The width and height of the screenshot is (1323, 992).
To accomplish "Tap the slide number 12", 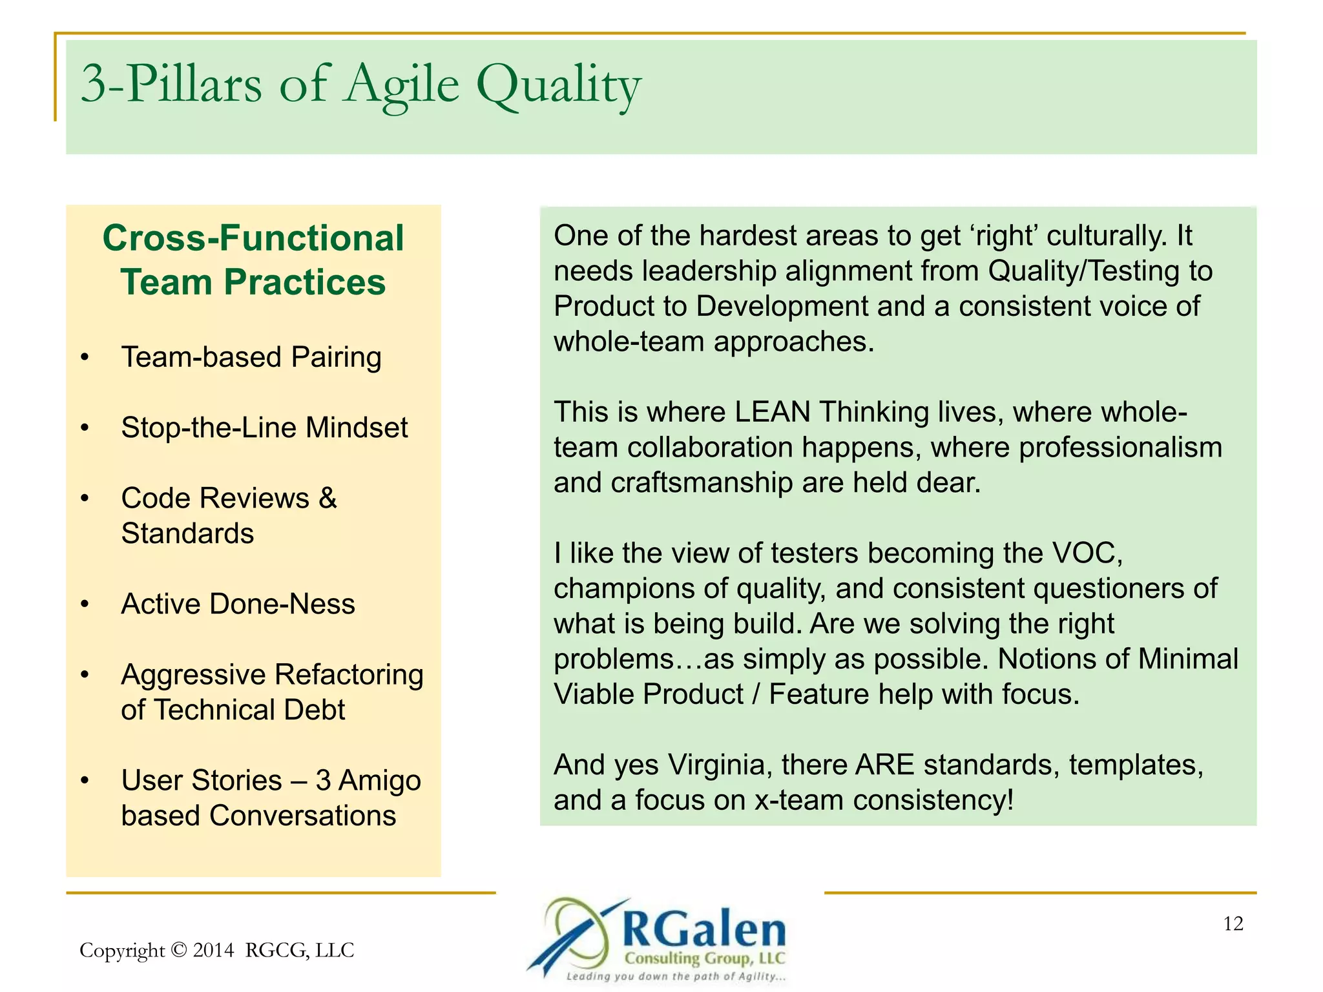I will (1233, 924).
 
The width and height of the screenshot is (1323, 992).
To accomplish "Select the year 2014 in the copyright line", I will (213, 950).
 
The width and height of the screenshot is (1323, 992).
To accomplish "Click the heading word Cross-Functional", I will (253, 238).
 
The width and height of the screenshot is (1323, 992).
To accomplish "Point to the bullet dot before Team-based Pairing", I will (85, 357).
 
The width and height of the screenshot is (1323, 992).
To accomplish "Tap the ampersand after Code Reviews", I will (328, 498).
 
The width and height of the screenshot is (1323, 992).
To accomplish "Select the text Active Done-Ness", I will (238, 604).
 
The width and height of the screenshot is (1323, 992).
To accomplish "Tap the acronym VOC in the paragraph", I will (1087, 553).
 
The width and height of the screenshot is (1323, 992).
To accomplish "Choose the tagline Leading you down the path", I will (675, 976).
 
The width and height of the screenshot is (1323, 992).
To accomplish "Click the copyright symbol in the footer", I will (179, 950).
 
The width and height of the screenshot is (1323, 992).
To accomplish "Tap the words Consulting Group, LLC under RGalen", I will (704, 958).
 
